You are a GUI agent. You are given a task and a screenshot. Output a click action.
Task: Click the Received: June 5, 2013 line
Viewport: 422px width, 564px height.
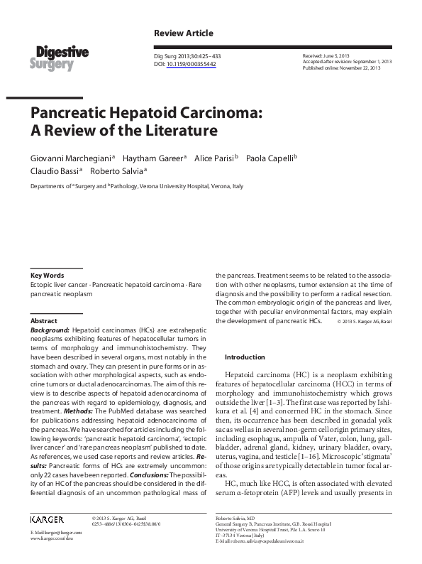pyautogui.click(x=326, y=55)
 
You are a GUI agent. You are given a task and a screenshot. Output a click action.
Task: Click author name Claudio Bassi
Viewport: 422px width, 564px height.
pyautogui.click(x=55, y=171)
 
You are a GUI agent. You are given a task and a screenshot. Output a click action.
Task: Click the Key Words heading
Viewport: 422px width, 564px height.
pyautogui.click(x=48, y=275)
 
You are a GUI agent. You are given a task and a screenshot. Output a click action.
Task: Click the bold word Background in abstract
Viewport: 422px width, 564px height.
pyautogui.click(x=50, y=330)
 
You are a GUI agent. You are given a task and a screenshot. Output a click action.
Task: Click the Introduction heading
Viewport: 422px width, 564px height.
pyautogui.click(x=244, y=357)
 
